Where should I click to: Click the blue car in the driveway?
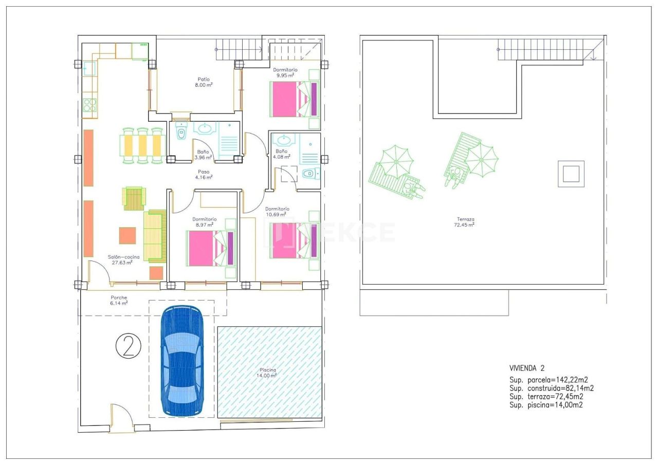pyautogui.click(x=182, y=361)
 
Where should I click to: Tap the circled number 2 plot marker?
pyautogui.click(x=129, y=346)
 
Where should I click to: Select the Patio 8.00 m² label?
pyautogui.click(x=204, y=82)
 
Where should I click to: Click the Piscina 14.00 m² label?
pyautogui.click(x=267, y=373)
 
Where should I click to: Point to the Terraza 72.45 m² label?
pyautogui.click(x=465, y=222)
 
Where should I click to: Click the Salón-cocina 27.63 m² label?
pyautogui.click(x=123, y=260)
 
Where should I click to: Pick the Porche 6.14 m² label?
pyautogui.click(x=119, y=300)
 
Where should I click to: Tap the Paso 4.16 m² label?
pyautogui.click(x=204, y=174)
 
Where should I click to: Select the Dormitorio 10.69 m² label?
pyautogui.click(x=277, y=212)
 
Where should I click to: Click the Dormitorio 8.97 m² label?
pyautogui.click(x=205, y=222)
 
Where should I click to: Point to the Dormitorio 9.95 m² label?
pyautogui.click(x=285, y=72)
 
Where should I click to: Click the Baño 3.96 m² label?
pyautogui.click(x=203, y=155)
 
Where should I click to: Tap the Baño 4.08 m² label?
pyautogui.click(x=281, y=154)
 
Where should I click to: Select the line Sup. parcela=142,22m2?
pyautogui.click(x=549, y=380)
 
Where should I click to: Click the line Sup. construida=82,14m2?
pyautogui.click(x=552, y=388)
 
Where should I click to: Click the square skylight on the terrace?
pyautogui.click(x=571, y=174)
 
